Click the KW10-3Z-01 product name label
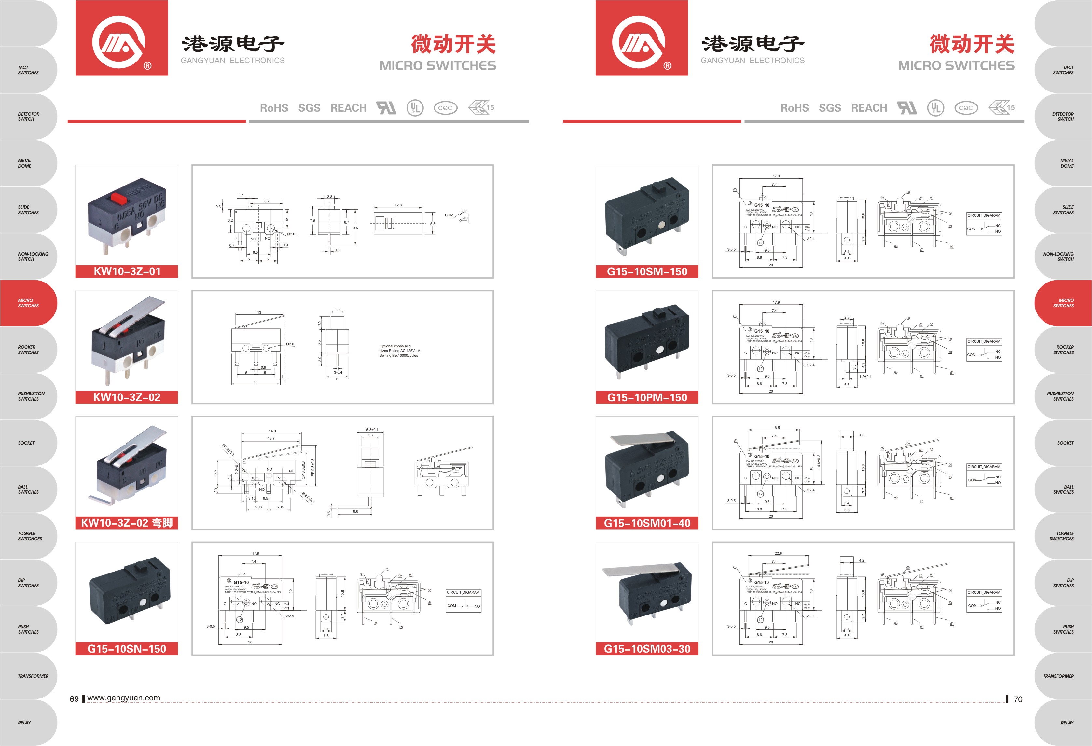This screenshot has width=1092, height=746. [x=127, y=271]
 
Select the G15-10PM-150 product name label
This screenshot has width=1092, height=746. [x=647, y=397]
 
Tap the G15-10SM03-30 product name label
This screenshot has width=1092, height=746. [x=647, y=649]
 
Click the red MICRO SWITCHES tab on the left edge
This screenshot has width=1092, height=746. [x=28, y=303]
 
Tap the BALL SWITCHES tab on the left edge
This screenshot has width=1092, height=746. [x=28, y=490]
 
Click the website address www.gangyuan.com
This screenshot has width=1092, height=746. [x=124, y=698]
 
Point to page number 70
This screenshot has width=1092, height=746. [x=1018, y=699]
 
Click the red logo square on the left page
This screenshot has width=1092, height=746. [x=122, y=37]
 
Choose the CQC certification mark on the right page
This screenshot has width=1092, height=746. [x=966, y=108]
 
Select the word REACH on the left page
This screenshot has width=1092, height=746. [x=348, y=108]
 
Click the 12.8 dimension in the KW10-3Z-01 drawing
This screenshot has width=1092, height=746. [x=398, y=205]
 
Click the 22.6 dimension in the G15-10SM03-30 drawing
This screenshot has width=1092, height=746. [x=778, y=553]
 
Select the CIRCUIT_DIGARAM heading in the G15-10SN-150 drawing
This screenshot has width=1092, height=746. [x=463, y=592]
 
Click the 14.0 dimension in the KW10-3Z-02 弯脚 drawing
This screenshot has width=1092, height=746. [x=272, y=431]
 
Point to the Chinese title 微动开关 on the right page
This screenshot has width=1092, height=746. [x=971, y=44]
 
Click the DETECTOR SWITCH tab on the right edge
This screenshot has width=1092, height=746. [x=1063, y=117]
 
